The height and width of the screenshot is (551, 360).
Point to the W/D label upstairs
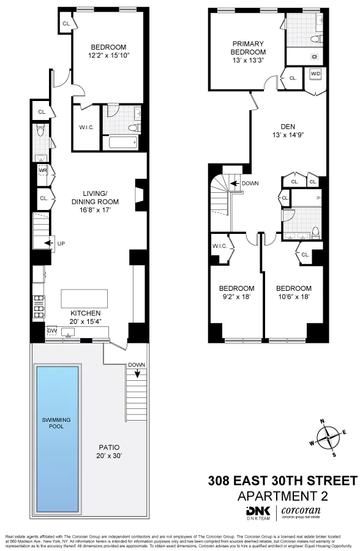pos(315,74)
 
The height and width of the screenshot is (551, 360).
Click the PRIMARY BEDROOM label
pos(248,48)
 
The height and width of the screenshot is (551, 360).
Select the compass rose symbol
pos(329,437)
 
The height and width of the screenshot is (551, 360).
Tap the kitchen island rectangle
pos(84,298)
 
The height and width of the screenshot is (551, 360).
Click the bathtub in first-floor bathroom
pos(120,143)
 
